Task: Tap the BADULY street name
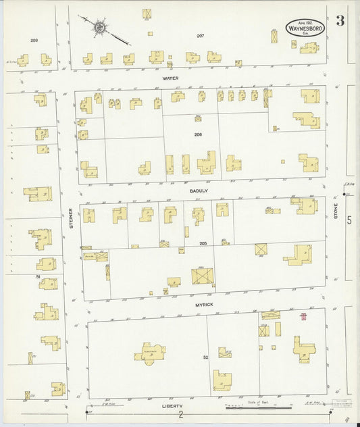tap(199, 191)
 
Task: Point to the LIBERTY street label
tap(172, 407)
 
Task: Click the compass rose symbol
tap(99, 28)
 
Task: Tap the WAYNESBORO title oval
tap(305, 28)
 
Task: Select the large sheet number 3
tap(340, 20)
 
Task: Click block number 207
tap(200, 35)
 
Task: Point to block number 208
tap(34, 41)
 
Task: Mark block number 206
tap(199, 134)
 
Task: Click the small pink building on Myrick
tap(304, 316)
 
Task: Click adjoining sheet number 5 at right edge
tap(349, 220)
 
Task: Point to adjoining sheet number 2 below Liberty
tap(180, 416)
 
